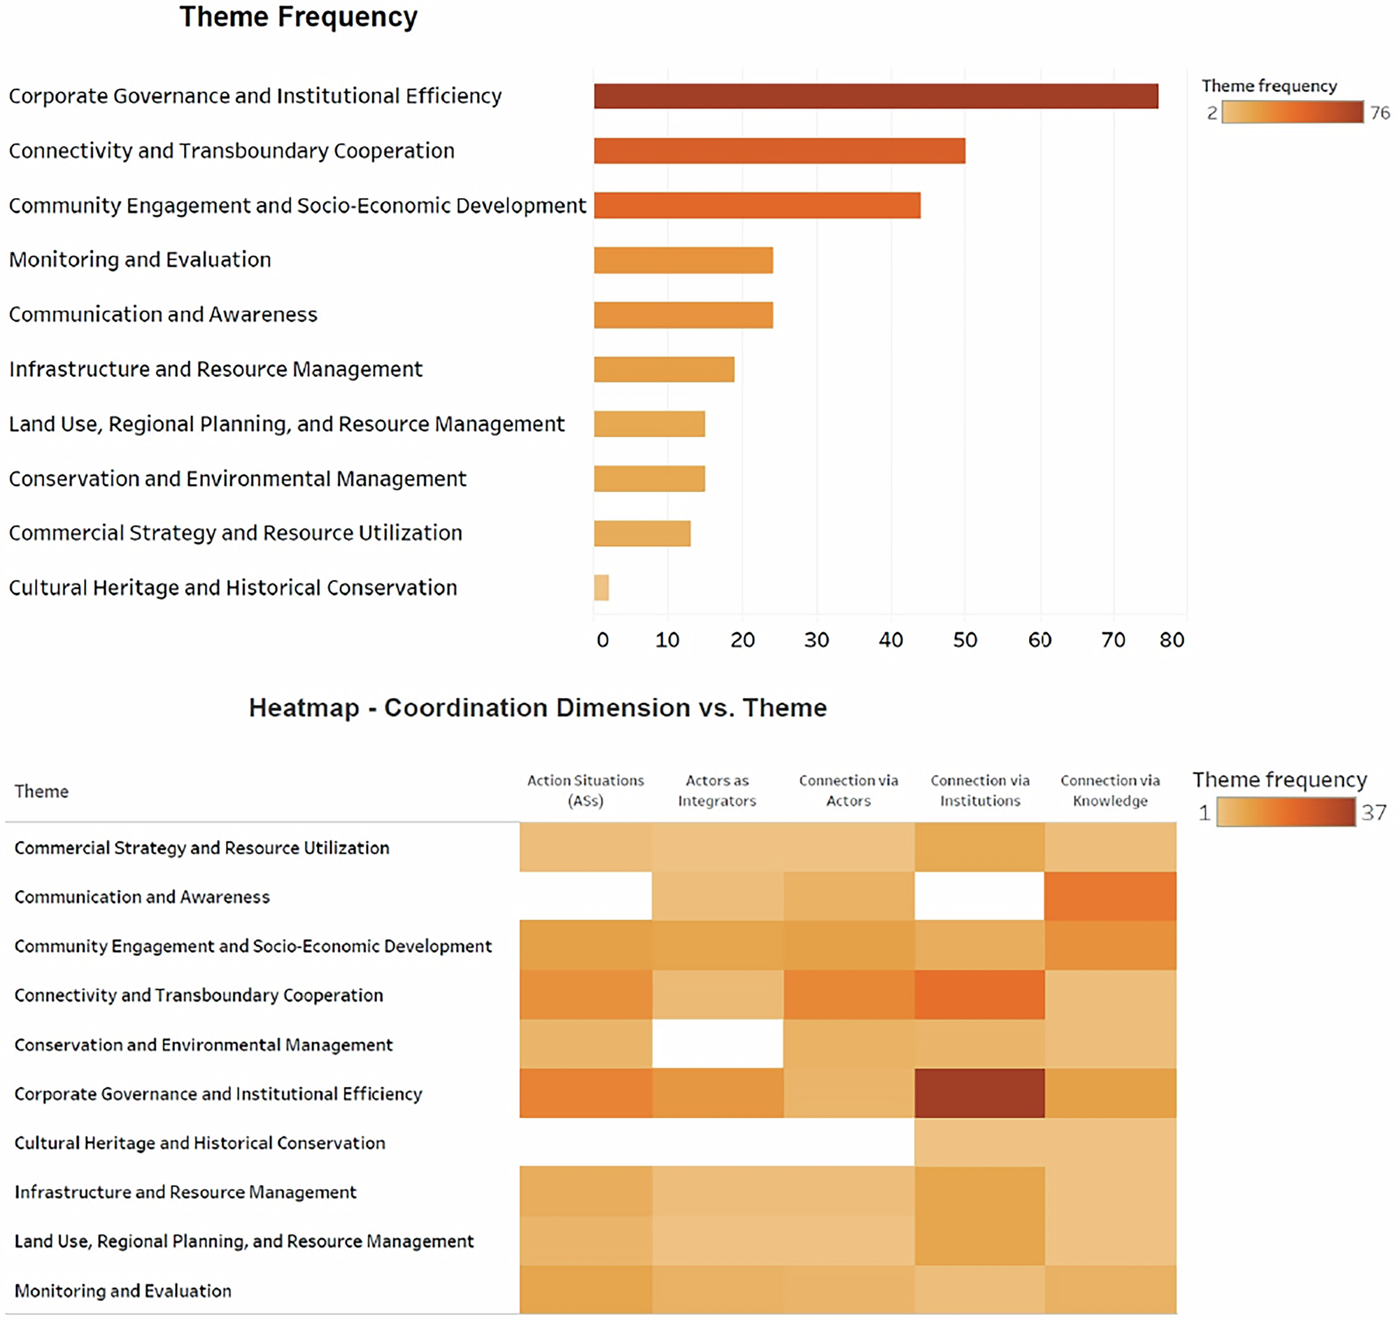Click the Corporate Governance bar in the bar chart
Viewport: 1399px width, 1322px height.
coord(875,96)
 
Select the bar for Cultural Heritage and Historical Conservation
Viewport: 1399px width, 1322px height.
coord(601,588)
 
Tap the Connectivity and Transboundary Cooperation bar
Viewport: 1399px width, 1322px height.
coord(779,151)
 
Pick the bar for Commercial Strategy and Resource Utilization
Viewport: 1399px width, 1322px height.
coord(642,534)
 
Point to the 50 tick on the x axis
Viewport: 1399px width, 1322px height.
coord(965,640)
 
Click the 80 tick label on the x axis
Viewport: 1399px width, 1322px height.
coord(1172,640)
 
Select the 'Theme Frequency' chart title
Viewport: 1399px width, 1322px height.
coord(298,17)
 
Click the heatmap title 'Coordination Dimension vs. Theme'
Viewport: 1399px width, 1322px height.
coord(537,707)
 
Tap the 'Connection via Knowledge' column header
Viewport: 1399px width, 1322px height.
coord(1110,790)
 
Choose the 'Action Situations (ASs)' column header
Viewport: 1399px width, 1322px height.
coord(585,790)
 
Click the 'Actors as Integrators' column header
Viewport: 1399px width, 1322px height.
coord(717,790)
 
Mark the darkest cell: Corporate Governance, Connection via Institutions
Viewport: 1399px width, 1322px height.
coord(980,1093)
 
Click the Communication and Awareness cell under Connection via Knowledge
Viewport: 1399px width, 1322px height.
coord(1110,896)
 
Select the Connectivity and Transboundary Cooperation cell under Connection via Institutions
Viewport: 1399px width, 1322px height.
coord(980,995)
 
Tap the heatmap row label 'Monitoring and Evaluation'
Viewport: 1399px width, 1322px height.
coord(122,1291)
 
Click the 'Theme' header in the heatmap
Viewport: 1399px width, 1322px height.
coord(41,791)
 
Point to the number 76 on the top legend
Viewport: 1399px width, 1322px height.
coord(1379,113)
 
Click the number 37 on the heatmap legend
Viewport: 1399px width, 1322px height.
coord(1374,813)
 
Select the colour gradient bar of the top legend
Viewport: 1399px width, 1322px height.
coord(1292,112)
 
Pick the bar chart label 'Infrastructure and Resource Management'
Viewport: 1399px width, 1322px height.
coord(215,369)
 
